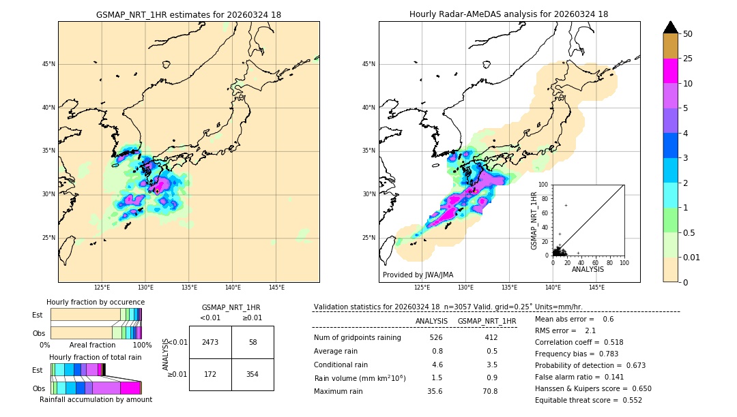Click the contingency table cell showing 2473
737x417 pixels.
click(209, 342)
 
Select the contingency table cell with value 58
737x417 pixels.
click(252, 342)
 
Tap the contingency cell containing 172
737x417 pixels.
click(209, 374)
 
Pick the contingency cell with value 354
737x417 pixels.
click(252, 374)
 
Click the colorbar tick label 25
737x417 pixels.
click(688, 59)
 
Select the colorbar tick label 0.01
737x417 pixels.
click(691, 257)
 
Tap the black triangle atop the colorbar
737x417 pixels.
click(671, 27)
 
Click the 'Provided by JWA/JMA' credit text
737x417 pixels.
click(418, 275)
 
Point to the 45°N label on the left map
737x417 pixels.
click(48, 64)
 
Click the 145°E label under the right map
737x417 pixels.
click(596, 288)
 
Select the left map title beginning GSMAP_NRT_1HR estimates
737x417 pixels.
click(188, 14)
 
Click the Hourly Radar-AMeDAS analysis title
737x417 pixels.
click(509, 14)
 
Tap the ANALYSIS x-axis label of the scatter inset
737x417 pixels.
click(588, 270)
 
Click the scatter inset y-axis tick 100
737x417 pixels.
click(544, 184)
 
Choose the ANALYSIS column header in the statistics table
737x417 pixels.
click(431, 321)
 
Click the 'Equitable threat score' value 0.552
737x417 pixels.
click(627, 400)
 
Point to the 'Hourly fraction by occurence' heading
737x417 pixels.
click(96, 302)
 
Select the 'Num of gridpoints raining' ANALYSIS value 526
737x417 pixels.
click(436, 338)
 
